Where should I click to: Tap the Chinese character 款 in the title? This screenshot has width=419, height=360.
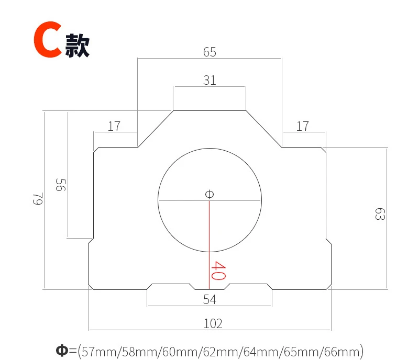77,46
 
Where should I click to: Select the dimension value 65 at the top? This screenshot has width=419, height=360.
210,52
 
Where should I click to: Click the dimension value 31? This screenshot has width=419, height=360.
210,80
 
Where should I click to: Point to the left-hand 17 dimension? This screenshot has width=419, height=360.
114,126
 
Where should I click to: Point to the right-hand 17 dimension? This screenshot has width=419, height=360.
303,126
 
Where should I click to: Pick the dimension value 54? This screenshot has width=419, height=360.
210,299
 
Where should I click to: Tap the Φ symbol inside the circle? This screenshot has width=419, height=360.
210,194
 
